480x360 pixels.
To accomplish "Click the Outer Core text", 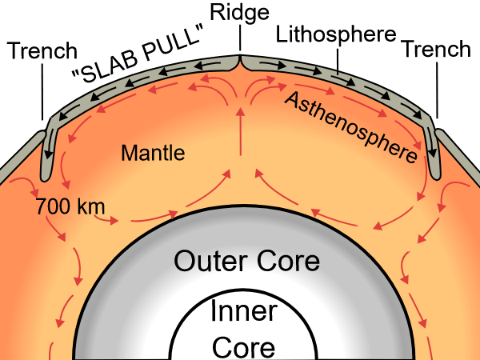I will (246, 261).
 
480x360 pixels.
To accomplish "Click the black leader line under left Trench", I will (41, 92).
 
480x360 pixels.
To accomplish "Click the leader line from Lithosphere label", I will (339, 58).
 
